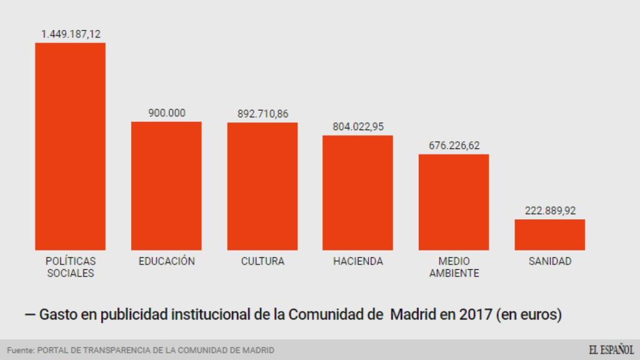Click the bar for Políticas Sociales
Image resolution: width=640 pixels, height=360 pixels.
(x=70, y=146)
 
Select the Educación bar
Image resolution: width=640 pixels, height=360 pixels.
(x=166, y=186)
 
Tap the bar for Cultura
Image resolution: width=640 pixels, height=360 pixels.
(x=262, y=186)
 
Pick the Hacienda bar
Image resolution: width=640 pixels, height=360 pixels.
(x=357, y=192)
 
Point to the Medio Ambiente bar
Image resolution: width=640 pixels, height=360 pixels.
(x=454, y=202)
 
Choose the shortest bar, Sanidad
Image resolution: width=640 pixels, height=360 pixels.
(x=550, y=234)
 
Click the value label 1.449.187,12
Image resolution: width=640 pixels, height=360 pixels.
(x=71, y=34)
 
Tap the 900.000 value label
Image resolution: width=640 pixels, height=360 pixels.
(x=166, y=113)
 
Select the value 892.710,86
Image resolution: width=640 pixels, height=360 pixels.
(x=262, y=114)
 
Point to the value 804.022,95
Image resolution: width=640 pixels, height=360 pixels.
(x=358, y=127)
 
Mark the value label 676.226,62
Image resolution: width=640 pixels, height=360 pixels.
(x=454, y=146)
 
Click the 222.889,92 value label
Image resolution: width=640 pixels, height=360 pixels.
(x=550, y=211)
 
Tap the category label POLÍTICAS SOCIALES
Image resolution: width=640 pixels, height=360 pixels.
(x=71, y=267)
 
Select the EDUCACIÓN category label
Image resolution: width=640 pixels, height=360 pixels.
(x=166, y=261)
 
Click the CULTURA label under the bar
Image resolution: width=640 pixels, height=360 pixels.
(x=262, y=261)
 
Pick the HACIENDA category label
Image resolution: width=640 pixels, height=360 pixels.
(x=358, y=261)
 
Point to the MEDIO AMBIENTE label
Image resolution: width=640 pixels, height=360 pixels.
(x=454, y=267)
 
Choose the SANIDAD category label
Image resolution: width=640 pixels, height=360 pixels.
(x=550, y=261)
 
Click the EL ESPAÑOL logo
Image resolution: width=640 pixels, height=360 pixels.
(x=611, y=350)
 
